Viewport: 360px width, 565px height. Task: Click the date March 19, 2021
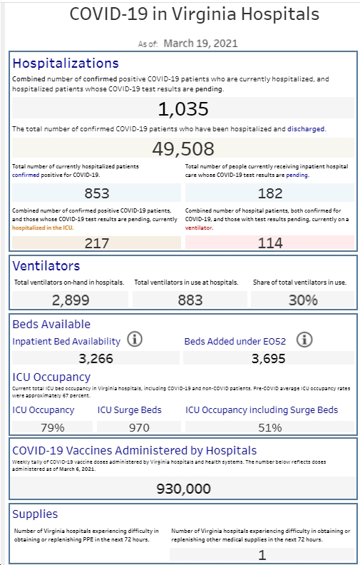click(200, 44)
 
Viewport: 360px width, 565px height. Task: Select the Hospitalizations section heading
click(66, 63)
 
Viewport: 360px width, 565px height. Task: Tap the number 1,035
click(183, 109)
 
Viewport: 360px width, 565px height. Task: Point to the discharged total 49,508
click(183, 148)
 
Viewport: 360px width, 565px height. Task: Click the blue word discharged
click(306, 128)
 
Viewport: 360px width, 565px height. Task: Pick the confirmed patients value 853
click(97, 193)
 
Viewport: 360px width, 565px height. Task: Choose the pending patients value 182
click(270, 193)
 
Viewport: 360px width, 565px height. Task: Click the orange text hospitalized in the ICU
click(43, 228)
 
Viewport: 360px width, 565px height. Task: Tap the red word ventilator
click(199, 228)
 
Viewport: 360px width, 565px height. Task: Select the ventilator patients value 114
click(270, 243)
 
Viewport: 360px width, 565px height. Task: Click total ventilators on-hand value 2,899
click(71, 300)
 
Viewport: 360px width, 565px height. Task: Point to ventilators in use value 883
click(190, 300)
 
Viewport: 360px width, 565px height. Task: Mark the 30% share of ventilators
click(303, 300)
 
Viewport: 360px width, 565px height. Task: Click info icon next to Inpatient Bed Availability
click(135, 340)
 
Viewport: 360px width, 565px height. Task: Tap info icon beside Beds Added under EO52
click(304, 340)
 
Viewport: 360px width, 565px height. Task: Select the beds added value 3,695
click(269, 359)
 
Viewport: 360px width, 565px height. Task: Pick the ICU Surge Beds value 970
click(139, 427)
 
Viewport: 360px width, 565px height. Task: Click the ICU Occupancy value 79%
click(53, 427)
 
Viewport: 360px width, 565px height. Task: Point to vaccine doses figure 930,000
click(184, 489)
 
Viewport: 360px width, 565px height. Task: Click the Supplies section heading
click(35, 514)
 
